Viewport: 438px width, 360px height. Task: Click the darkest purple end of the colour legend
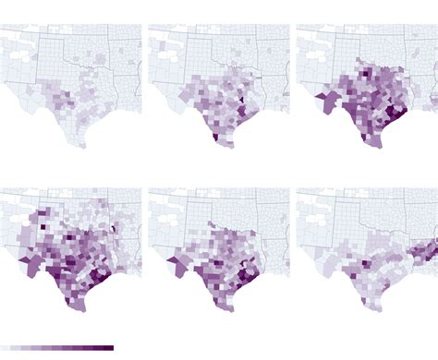point(108,348)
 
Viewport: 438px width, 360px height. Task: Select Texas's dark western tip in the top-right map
point(320,95)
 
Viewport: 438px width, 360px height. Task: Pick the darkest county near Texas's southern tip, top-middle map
point(216,138)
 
